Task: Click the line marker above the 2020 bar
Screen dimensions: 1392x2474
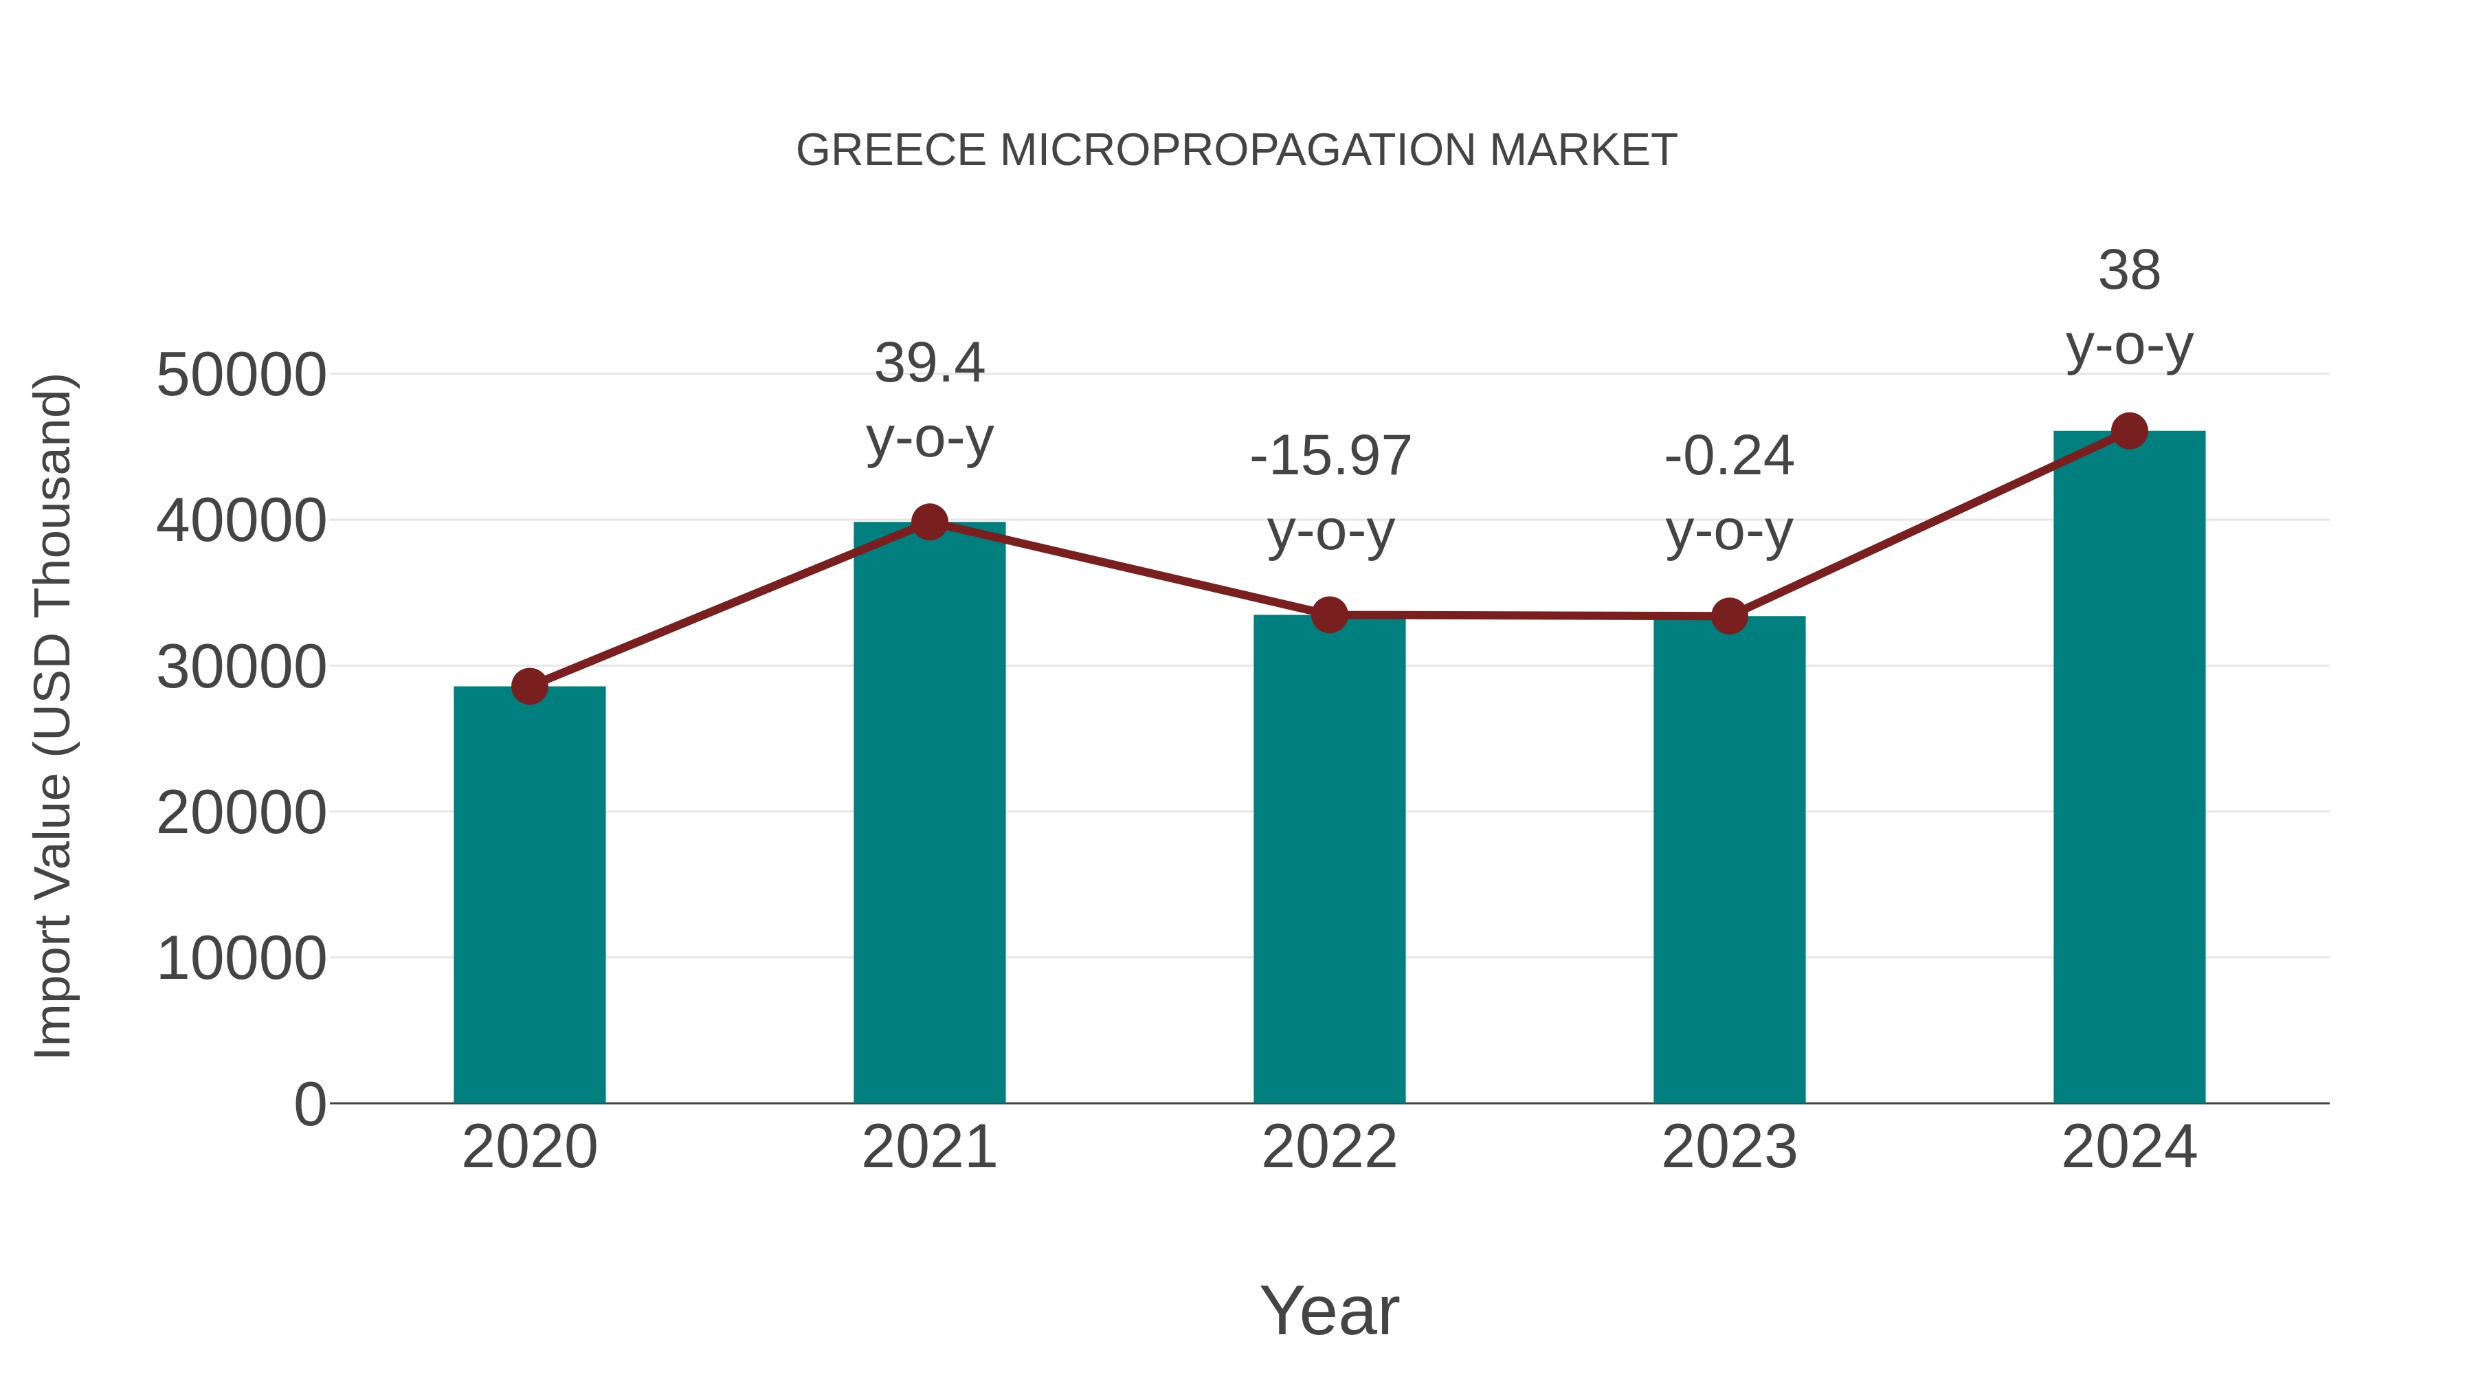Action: [x=529, y=686]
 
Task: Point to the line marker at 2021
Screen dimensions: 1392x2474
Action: [x=928, y=522]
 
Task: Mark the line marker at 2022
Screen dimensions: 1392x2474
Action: [x=1329, y=614]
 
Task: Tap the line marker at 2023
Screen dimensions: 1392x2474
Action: [x=1729, y=616]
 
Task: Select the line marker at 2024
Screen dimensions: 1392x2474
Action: [x=2129, y=430]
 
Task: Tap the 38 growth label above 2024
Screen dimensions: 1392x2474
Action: [x=2129, y=271]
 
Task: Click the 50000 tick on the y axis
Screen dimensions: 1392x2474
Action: [x=241, y=375]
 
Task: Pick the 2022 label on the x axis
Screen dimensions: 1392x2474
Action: [x=1329, y=1147]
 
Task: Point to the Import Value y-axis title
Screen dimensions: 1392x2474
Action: [x=54, y=716]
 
